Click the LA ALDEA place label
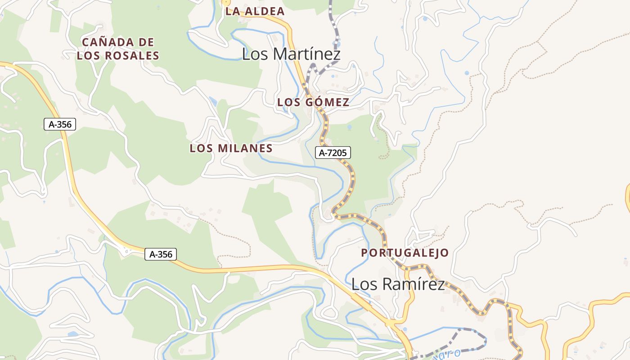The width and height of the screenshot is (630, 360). tap(255, 11)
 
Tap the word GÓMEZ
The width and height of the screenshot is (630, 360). tap(327, 103)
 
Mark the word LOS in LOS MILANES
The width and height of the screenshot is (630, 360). tap(201, 148)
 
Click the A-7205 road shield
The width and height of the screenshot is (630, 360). tap(333, 153)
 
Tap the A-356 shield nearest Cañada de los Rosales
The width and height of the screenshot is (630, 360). tap(60, 124)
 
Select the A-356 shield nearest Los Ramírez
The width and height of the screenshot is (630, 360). tap(161, 254)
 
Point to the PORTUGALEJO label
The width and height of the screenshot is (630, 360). tap(405, 253)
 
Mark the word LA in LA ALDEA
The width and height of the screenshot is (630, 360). tap(231, 11)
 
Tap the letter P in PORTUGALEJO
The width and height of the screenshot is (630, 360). tap(364, 253)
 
